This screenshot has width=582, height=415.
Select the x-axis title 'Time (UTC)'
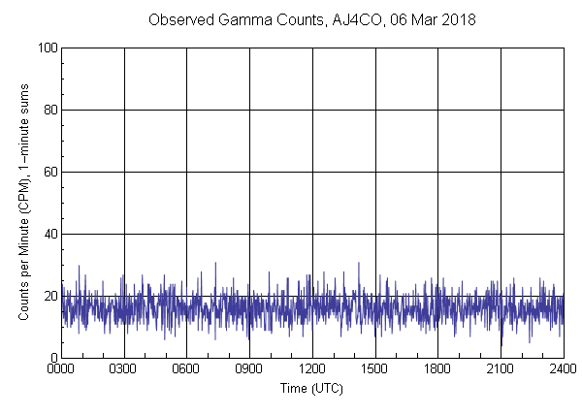(x=311, y=388)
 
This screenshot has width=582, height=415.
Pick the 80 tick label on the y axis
(x=48, y=110)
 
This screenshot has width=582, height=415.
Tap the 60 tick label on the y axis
(x=48, y=172)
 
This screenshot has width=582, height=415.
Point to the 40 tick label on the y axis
(x=48, y=234)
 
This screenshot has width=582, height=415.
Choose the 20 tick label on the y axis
(x=48, y=296)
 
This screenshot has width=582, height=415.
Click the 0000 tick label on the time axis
(x=61, y=369)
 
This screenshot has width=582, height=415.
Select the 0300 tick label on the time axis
(x=124, y=369)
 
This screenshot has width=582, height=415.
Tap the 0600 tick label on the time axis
(x=187, y=369)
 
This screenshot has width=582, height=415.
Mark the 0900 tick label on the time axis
(x=249, y=369)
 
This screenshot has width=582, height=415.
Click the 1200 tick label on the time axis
(x=312, y=369)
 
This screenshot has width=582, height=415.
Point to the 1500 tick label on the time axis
(x=375, y=369)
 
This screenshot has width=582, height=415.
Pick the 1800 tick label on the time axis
(x=437, y=369)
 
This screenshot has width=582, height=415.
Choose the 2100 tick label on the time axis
(x=501, y=369)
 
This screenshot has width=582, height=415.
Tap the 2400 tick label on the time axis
(x=563, y=369)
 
